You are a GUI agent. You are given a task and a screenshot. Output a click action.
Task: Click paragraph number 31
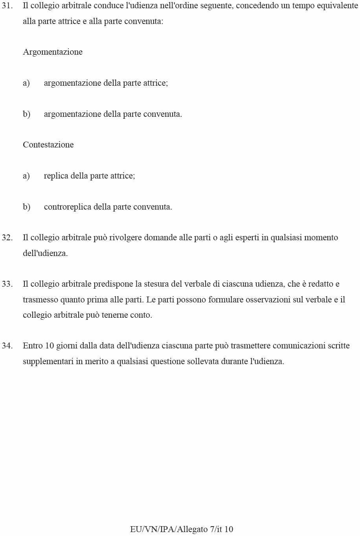point(7,6)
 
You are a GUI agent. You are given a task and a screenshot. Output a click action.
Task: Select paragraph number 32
point(7,238)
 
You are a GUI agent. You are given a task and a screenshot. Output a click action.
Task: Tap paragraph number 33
point(7,284)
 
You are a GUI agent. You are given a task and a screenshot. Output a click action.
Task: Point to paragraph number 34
point(7,346)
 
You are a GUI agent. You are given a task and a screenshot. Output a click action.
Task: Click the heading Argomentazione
point(53,52)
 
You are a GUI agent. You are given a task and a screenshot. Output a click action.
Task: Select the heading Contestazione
point(48,145)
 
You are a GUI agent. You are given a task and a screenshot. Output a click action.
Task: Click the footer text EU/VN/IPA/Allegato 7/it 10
point(182,529)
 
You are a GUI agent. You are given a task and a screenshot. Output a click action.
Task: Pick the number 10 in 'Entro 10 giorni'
point(50,346)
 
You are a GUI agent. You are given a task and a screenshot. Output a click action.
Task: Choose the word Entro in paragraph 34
point(33,346)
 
